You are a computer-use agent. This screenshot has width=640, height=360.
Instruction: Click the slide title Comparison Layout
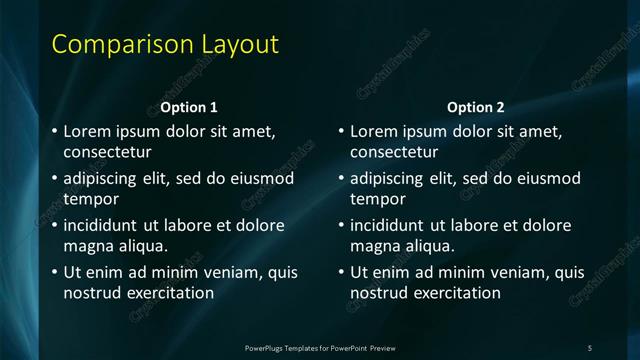coord(165,45)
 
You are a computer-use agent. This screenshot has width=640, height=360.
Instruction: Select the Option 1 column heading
coord(188,107)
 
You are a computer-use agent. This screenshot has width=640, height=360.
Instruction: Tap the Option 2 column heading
coord(475,107)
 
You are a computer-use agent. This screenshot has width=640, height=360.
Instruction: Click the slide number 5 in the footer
coord(590,347)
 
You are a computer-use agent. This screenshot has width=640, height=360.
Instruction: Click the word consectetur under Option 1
coord(107,153)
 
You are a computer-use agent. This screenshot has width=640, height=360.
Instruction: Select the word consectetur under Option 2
coord(394,153)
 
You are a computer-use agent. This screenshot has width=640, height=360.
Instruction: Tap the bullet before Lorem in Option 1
coord(54,132)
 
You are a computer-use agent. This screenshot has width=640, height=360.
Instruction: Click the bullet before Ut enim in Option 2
coord(340,272)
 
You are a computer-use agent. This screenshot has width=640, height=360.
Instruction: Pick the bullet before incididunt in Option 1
coord(54,225)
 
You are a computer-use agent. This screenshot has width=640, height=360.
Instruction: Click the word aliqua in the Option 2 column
coord(428,246)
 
